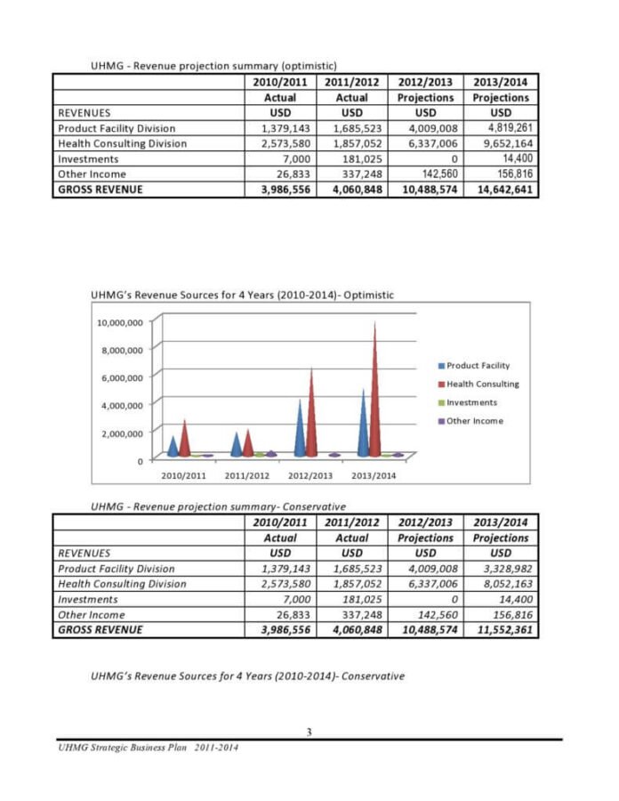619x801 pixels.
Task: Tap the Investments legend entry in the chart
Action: click(x=471, y=402)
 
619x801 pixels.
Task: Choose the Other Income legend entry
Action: click(x=474, y=421)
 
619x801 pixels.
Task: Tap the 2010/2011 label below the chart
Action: click(x=183, y=475)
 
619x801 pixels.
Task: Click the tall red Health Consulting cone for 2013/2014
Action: click(x=375, y=392)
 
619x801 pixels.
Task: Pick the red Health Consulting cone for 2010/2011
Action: click(x=185, y=439)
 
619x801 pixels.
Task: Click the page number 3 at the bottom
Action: click(x=309, y=732)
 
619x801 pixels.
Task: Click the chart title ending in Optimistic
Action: click(x=242, y=295)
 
